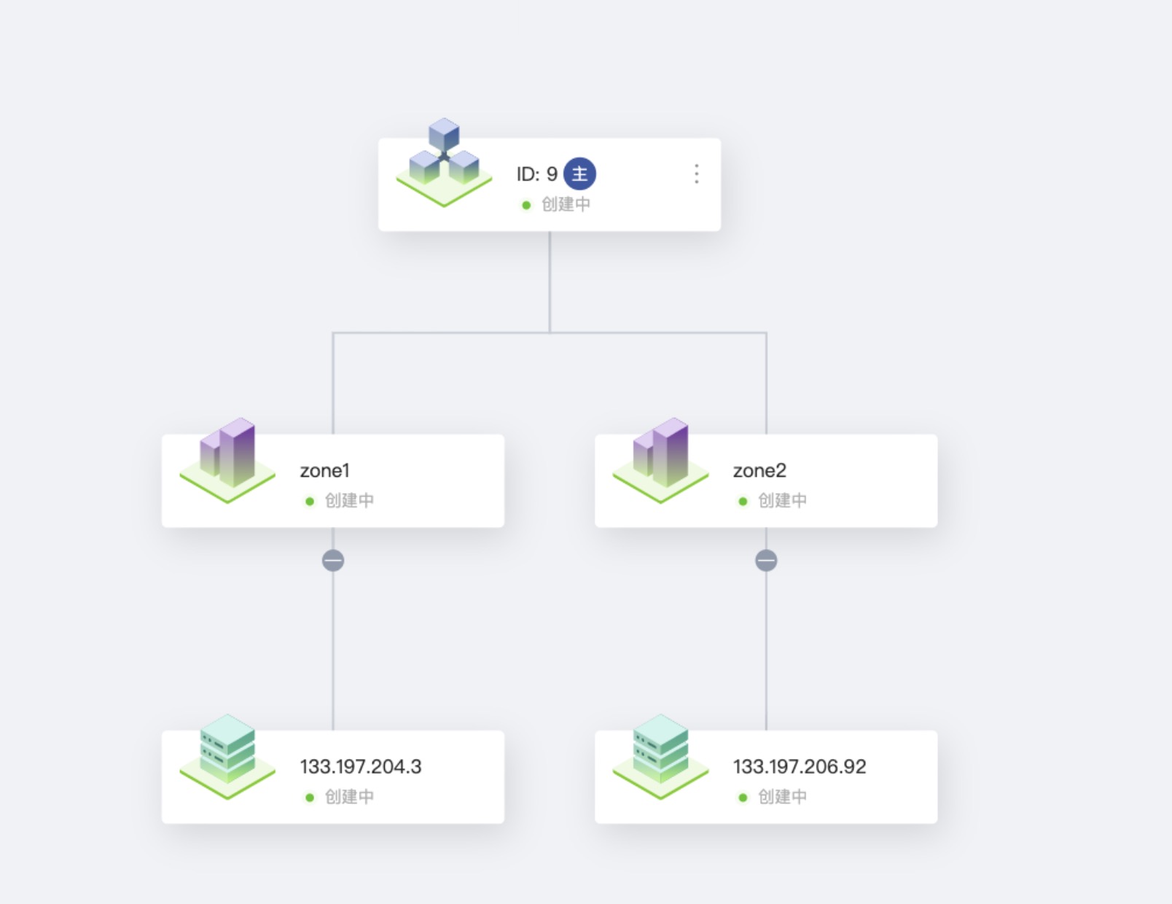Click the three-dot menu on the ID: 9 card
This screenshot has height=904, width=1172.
[696, 174]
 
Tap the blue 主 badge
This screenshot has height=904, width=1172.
[579, 174]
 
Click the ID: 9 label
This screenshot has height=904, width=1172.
[536, 174]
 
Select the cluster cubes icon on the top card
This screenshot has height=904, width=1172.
[444, 163]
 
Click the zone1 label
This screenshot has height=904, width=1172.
[324, 471]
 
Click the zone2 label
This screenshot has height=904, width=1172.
[759, 471]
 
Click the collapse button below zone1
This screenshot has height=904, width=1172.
[333, 561]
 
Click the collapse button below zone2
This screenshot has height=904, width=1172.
[766, 561]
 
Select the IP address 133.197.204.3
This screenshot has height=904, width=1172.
[361, 766]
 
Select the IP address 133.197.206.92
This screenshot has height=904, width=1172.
[800, 766]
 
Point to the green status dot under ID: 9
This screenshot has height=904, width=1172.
[526, 205]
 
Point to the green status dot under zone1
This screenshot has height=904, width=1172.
[310, 501]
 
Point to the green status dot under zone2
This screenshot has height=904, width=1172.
[743, 501]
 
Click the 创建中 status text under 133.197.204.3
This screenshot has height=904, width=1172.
[349, 797]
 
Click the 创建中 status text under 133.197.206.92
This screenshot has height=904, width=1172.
[782, 797]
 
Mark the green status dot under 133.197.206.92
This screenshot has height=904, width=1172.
[743, 798]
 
